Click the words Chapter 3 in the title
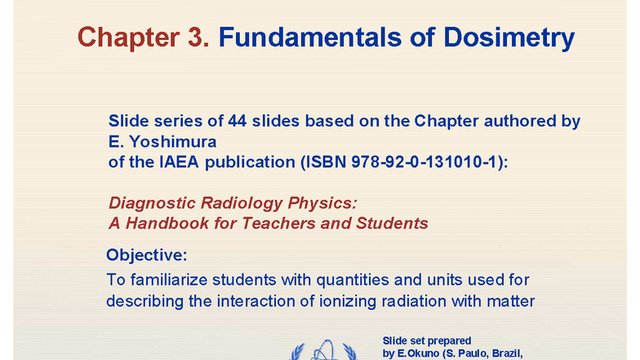tap(144, 37)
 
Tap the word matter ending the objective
tap(512, 300)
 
